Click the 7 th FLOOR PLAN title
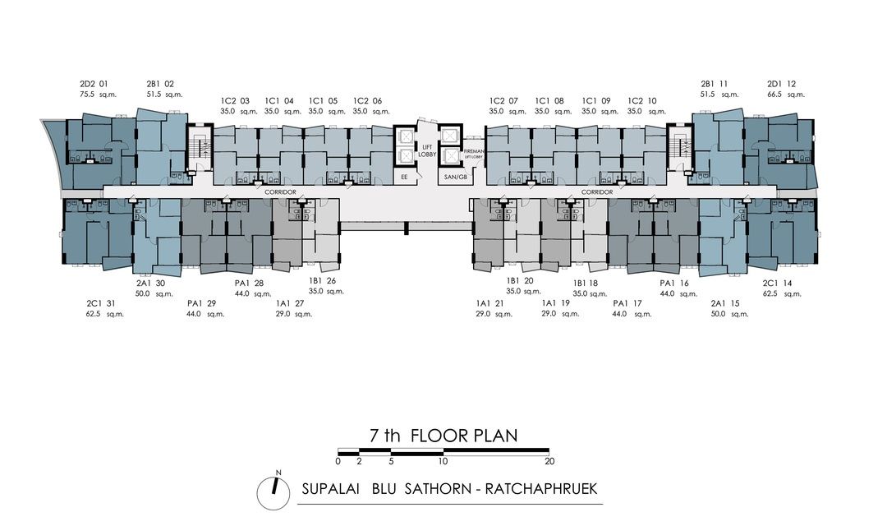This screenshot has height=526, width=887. coord(443,436)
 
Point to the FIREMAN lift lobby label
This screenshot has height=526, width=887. coord(475,152)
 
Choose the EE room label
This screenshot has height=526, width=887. coord(403,176)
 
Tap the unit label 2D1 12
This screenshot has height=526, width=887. coord(781,84)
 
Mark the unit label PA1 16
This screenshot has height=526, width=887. coord(673,283)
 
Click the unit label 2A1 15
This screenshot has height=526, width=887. coord(725,303)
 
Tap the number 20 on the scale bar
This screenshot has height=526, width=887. coord(549,461)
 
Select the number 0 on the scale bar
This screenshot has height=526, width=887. coord(338,461)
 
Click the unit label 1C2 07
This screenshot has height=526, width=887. coord(503,100)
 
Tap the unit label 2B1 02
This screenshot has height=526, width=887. coord(160,84)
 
